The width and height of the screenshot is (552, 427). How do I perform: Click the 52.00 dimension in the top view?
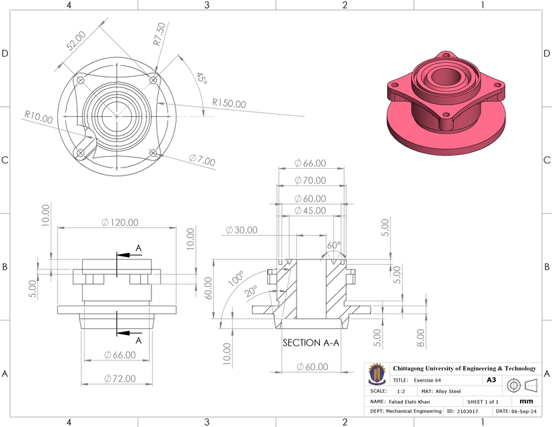(75, 43)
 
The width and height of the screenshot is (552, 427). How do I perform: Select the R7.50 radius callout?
(159, 34)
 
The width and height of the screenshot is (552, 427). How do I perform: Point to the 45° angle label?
(200, 77)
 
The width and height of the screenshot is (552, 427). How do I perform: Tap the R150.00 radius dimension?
(229, 104)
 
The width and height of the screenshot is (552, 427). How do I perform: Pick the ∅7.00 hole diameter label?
(202, 160)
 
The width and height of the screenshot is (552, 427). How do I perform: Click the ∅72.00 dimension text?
(120, 378)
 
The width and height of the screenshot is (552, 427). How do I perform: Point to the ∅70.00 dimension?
(311, 180)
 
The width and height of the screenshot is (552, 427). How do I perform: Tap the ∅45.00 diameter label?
(311, 210)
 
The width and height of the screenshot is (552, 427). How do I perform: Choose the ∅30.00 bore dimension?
(241, 230)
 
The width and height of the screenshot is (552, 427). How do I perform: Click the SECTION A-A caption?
(311, 343)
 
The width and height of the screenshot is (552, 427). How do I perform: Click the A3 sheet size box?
(491, 380)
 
